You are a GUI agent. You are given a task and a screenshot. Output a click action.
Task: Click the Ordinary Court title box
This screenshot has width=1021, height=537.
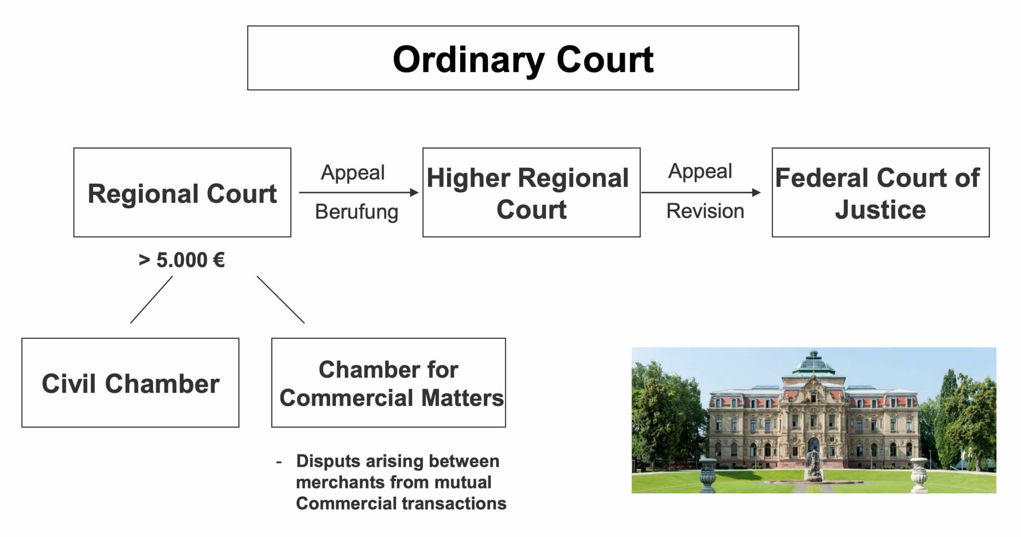(523, 58)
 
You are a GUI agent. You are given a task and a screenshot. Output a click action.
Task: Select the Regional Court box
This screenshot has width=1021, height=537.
(182, 193)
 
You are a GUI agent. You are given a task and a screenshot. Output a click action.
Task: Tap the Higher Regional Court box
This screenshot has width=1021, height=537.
(531, 193)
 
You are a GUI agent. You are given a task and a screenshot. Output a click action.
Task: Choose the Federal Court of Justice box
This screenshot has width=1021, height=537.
(881, 193)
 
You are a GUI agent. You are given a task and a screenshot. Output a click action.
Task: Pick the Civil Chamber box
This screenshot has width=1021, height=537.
(130, 383)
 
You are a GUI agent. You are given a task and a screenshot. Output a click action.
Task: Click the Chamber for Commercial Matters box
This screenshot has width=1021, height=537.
(388, 383)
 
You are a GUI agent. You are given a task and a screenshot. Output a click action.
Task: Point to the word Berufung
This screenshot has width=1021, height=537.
(357, 212)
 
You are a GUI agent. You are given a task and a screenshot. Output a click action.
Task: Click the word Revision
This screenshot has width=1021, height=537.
(705, 211)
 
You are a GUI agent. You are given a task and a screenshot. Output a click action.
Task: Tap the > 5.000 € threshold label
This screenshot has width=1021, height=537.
(182, 260)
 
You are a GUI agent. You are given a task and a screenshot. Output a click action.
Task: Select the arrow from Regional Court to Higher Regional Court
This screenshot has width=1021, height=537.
(359, 193)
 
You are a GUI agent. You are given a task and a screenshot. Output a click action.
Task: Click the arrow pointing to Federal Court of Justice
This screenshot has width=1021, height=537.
(701, 193)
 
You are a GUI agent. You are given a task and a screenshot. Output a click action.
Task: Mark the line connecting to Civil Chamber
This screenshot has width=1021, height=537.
(152, 299)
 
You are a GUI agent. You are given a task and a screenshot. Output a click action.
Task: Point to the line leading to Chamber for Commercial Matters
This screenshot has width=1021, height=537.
(281, 299)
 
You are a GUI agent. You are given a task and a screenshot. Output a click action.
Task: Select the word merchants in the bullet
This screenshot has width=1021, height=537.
(340, 482)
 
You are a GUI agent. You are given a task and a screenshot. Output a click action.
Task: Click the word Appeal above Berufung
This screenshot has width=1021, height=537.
(353, 173)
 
